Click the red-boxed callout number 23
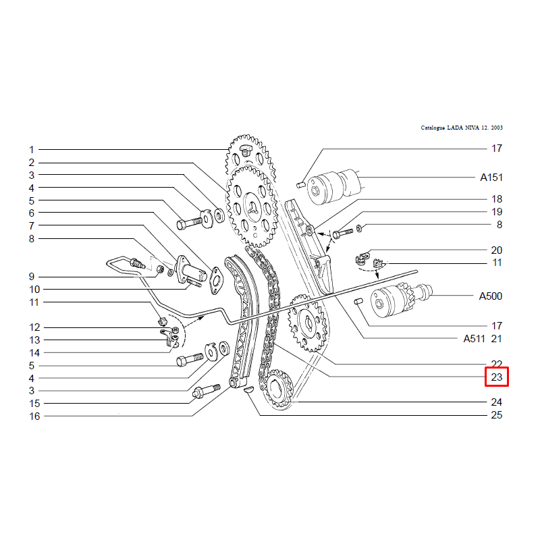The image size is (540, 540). (496, 377)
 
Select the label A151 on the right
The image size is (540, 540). (491, 178)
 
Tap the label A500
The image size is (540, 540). (491, 296)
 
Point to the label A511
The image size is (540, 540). (475, 339)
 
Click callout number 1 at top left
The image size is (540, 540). (32, 150)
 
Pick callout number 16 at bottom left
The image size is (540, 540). (34, 416)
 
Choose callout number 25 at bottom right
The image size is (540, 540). (496, 415)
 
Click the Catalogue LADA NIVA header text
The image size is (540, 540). (462, 128)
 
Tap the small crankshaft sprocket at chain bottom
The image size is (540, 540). (278, 389)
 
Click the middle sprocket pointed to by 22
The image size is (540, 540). (307, 323)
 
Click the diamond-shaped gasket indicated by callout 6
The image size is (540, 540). (216, 280)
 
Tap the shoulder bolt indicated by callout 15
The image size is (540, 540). (207, 391)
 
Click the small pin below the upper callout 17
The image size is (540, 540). (300, 185)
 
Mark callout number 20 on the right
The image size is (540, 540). (496, 250)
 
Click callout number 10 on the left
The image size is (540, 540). (34, 290)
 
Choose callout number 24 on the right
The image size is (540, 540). (496, 402)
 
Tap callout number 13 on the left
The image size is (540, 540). (34, 340)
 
